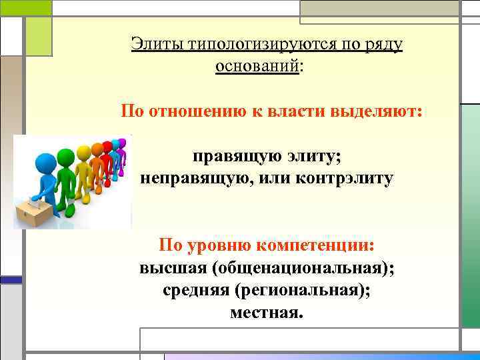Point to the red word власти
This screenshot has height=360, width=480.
(295, 111)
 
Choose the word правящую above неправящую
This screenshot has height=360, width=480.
(231, 157)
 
